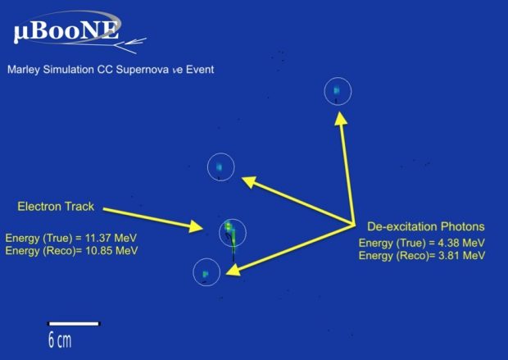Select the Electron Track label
pos(57,205)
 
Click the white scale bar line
pos(74,324)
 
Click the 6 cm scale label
pos(59,339)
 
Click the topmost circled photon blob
pos(337,91)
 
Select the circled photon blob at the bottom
pos(206,272)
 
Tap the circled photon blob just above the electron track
pos(220,167)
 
